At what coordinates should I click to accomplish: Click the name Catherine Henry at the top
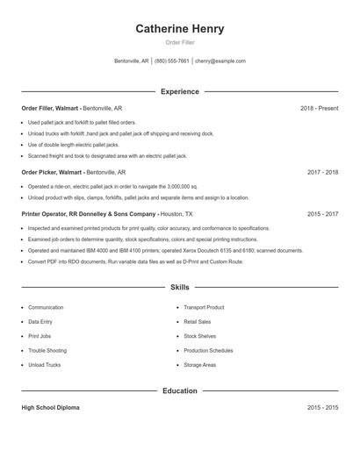click(x=179, y=29)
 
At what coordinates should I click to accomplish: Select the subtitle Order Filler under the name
click(x=179, y=43)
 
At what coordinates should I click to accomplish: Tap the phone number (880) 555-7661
click(x=171, y=61)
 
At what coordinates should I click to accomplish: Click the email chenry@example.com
click(x=220, y=61)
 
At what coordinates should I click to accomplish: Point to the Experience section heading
click(x=179, y=91)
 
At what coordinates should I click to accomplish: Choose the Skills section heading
click(x=179, y=287)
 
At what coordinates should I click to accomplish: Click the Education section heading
click(x=179, y=391)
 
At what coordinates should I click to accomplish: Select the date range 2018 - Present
click(x=319, y=108)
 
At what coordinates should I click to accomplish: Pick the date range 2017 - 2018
click(x=322, y=173)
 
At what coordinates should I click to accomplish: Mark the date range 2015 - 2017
click(x=322, y=213)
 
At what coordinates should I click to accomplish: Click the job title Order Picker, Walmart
click(x=52, y=173)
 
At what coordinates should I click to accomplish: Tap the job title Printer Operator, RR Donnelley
click(x=90, y=213)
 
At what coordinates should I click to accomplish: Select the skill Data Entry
click(x=40, y=322)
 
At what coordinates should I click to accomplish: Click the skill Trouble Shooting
click(x=47, y=350)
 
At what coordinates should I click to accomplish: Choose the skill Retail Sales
click(x=197, y=322)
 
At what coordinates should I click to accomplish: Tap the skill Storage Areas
click(x=199, y=364)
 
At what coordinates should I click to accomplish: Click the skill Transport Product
click(x=204, y=308)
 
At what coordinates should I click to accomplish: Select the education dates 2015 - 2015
click(x=322, y=408)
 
